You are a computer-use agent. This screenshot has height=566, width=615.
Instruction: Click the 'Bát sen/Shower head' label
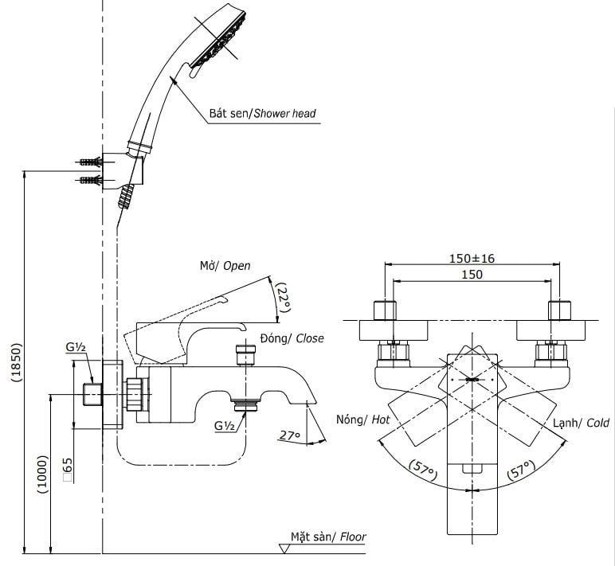pos(262,113)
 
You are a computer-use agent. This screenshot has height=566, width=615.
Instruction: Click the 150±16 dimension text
pos(471,258)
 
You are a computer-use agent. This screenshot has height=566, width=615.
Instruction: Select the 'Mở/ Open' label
pos(225,266)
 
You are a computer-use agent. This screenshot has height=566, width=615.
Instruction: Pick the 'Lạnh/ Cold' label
pos(581,424)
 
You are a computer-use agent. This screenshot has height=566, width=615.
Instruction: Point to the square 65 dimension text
pos(68,470)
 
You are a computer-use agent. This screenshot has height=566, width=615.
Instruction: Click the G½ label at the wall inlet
pos(76,348)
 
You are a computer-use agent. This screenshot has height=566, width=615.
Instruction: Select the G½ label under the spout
pos(224,424)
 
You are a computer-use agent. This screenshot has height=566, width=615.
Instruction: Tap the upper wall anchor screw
pos(90,162)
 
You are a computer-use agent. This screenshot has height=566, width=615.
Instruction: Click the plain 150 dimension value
pos(472,275)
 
